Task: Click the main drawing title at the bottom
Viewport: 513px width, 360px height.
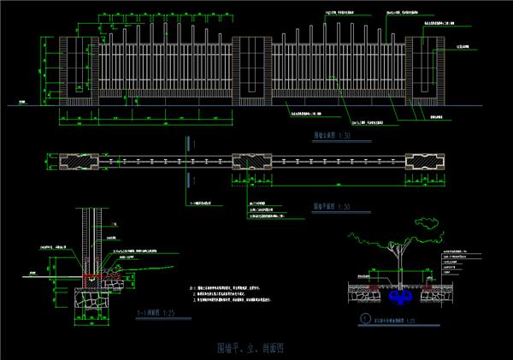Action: (251, 349)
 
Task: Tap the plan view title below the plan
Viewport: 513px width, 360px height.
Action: (332, 206)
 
